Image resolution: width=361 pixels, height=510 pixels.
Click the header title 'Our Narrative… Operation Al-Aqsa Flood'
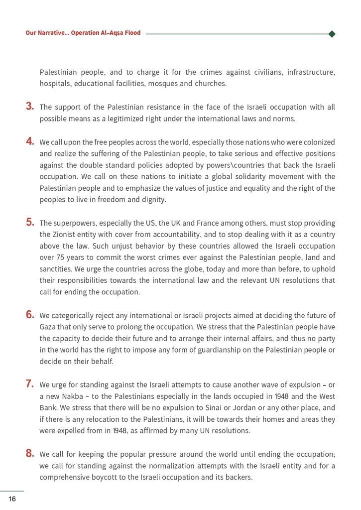pos(83,33)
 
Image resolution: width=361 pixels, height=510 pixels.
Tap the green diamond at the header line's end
pos(332,34)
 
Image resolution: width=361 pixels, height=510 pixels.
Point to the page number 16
pos(12,499)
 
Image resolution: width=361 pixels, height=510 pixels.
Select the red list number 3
pos(30,106)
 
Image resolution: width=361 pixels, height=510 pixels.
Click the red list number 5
pos(30,222)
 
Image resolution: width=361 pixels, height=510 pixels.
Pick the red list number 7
pos(30,383)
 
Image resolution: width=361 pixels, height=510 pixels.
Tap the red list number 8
pos(30,453)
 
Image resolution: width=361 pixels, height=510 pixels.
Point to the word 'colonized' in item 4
pos(319,142)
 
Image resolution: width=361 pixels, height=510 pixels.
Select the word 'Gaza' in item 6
pos(48,327)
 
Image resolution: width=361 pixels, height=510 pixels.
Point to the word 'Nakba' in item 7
pos(72,396)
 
